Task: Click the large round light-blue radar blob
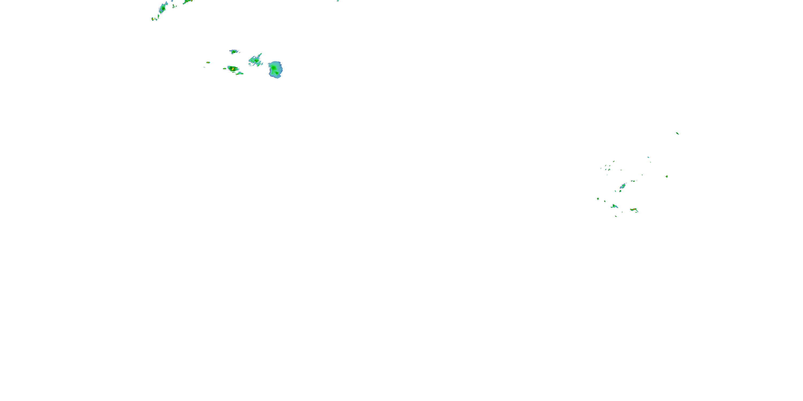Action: click(275, 70)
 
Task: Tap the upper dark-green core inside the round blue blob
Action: click(273, 67)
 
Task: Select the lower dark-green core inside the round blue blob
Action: click(276, 73)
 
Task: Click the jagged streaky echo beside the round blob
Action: click(255, 60)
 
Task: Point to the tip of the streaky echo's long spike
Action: click(261, 53)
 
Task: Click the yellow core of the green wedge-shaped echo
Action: click(233, 69)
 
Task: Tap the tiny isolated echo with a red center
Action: click(208, 63)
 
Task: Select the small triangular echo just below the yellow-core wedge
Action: click(239, 74)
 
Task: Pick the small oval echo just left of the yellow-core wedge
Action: click(225, 68)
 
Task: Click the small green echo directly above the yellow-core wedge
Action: click(234, 52)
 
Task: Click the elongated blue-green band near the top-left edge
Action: click(162, 7)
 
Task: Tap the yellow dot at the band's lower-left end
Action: click(152, 19)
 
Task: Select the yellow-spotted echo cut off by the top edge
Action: click(188, 2)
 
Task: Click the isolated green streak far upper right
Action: click(677, 134)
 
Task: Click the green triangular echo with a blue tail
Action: click(614, 206)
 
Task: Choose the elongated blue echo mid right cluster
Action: click(623, 186)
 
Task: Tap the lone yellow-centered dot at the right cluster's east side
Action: click(667, 176)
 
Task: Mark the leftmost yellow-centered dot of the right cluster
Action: click(598, 199)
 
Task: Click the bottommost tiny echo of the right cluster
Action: click(616, 216)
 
